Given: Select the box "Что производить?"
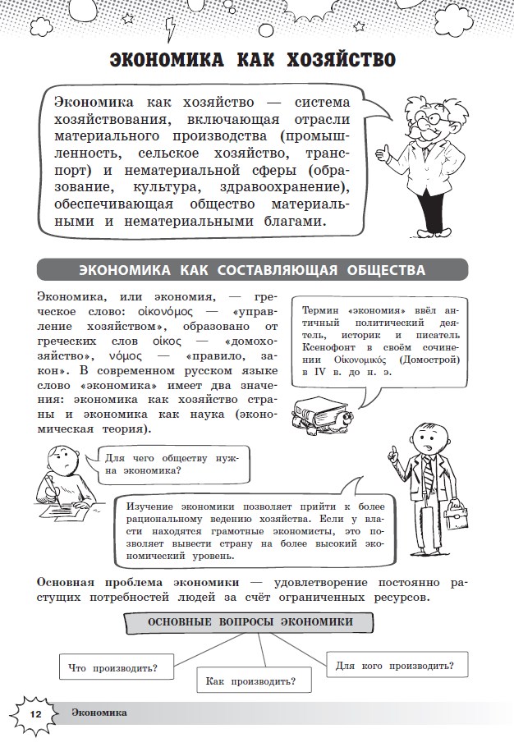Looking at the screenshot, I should point(113,666).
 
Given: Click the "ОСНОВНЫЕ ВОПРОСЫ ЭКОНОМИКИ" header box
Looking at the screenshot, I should point(250,622).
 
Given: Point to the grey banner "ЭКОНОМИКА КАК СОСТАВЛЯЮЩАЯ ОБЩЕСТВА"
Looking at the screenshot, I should point(252,270).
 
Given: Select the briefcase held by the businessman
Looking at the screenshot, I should point(460,516).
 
